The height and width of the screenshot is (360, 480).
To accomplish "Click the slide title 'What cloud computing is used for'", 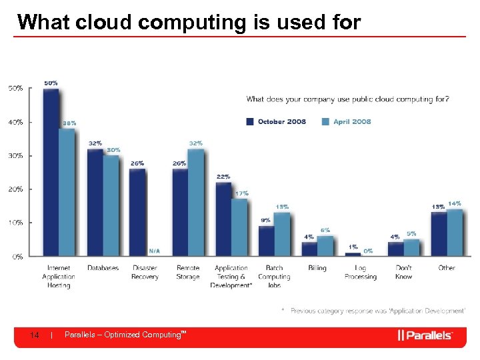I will click(189, 22).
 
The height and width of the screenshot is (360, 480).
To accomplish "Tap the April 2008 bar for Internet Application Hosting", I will click(67, 192).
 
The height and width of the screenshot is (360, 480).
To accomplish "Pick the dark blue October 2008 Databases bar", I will click(95, 202).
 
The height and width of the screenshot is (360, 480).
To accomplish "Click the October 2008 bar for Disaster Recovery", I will click(137, 212).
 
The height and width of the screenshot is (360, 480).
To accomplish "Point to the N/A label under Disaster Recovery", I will click(154, 251).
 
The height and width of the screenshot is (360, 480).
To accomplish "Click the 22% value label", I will click(223, 177).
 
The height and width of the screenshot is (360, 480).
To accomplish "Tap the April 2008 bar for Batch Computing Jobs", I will click(283, 234).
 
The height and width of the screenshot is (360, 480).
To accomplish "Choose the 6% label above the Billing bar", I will click(325, 230).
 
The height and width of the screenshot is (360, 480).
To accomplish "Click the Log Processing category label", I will click(360, 272).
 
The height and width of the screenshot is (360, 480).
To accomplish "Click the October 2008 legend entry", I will click(276, 121).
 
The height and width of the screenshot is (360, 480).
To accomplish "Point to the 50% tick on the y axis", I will click(16, 88).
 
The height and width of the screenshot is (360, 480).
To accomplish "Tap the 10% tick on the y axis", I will click(16, 223).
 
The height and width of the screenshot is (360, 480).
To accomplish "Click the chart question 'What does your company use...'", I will click(347, 99).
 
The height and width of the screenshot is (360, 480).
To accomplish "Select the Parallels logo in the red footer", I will click(425, 335).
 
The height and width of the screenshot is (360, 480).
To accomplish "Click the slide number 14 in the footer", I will click(35, 335).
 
